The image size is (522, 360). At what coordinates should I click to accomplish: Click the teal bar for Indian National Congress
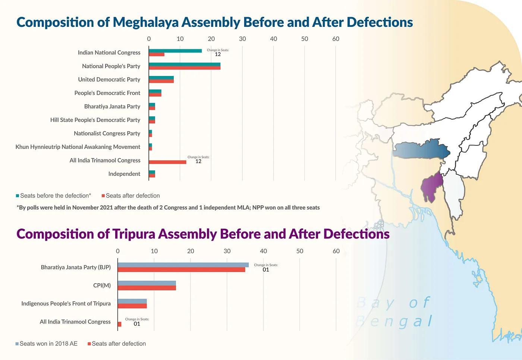pos(175,51)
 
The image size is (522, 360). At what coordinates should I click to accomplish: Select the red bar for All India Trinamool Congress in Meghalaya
pos(167,162)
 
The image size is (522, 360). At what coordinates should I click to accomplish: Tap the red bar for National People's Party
pos(185,68)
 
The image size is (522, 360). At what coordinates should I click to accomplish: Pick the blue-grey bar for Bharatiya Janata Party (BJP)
pos(183,265)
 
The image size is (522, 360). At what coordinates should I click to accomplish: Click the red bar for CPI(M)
pos(147,288)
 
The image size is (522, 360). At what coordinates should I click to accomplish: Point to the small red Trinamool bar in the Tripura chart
pos(119,324)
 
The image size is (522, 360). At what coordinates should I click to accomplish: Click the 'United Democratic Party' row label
pos(109,79)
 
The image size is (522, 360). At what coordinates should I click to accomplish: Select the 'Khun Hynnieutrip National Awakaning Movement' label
pos(78,147)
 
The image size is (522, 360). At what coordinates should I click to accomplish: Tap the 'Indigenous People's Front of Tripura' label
pos(66,303)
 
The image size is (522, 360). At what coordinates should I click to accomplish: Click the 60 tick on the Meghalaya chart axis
pos(336,39)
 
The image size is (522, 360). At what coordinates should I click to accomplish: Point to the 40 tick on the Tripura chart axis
pos(263,251)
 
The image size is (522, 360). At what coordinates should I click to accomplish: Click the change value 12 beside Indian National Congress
pos(218,54)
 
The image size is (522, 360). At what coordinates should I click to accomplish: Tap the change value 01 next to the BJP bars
pos(265,270)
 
